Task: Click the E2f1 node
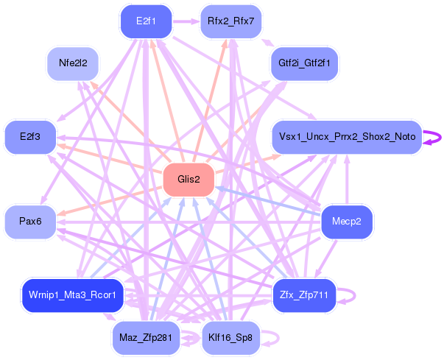pyautogui.click(x=145, y=21)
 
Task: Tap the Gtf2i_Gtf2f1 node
pyautogui.click(x=304, y=63)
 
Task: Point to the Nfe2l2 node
pyautogui.click(x=73, y=63)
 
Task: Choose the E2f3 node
pyautogui.click(x=29, y=137)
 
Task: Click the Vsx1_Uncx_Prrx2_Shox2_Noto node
pyautogui.click(x=346, y=137)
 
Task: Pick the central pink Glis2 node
pyautogui.click(x=188, y=180)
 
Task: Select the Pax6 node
pyautogui.click(x=29, y=222)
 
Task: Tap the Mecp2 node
pyautogui.click(x=347, y=222)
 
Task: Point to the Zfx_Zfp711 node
pyautogui.click(x=304, y=295)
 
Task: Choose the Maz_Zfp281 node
pyautogui.click(x=145, y=338)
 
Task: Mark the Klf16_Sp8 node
pyautogui.click(x=230, y=338)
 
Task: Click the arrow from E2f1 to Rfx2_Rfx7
pyautogui.click(x=186, y=21)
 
